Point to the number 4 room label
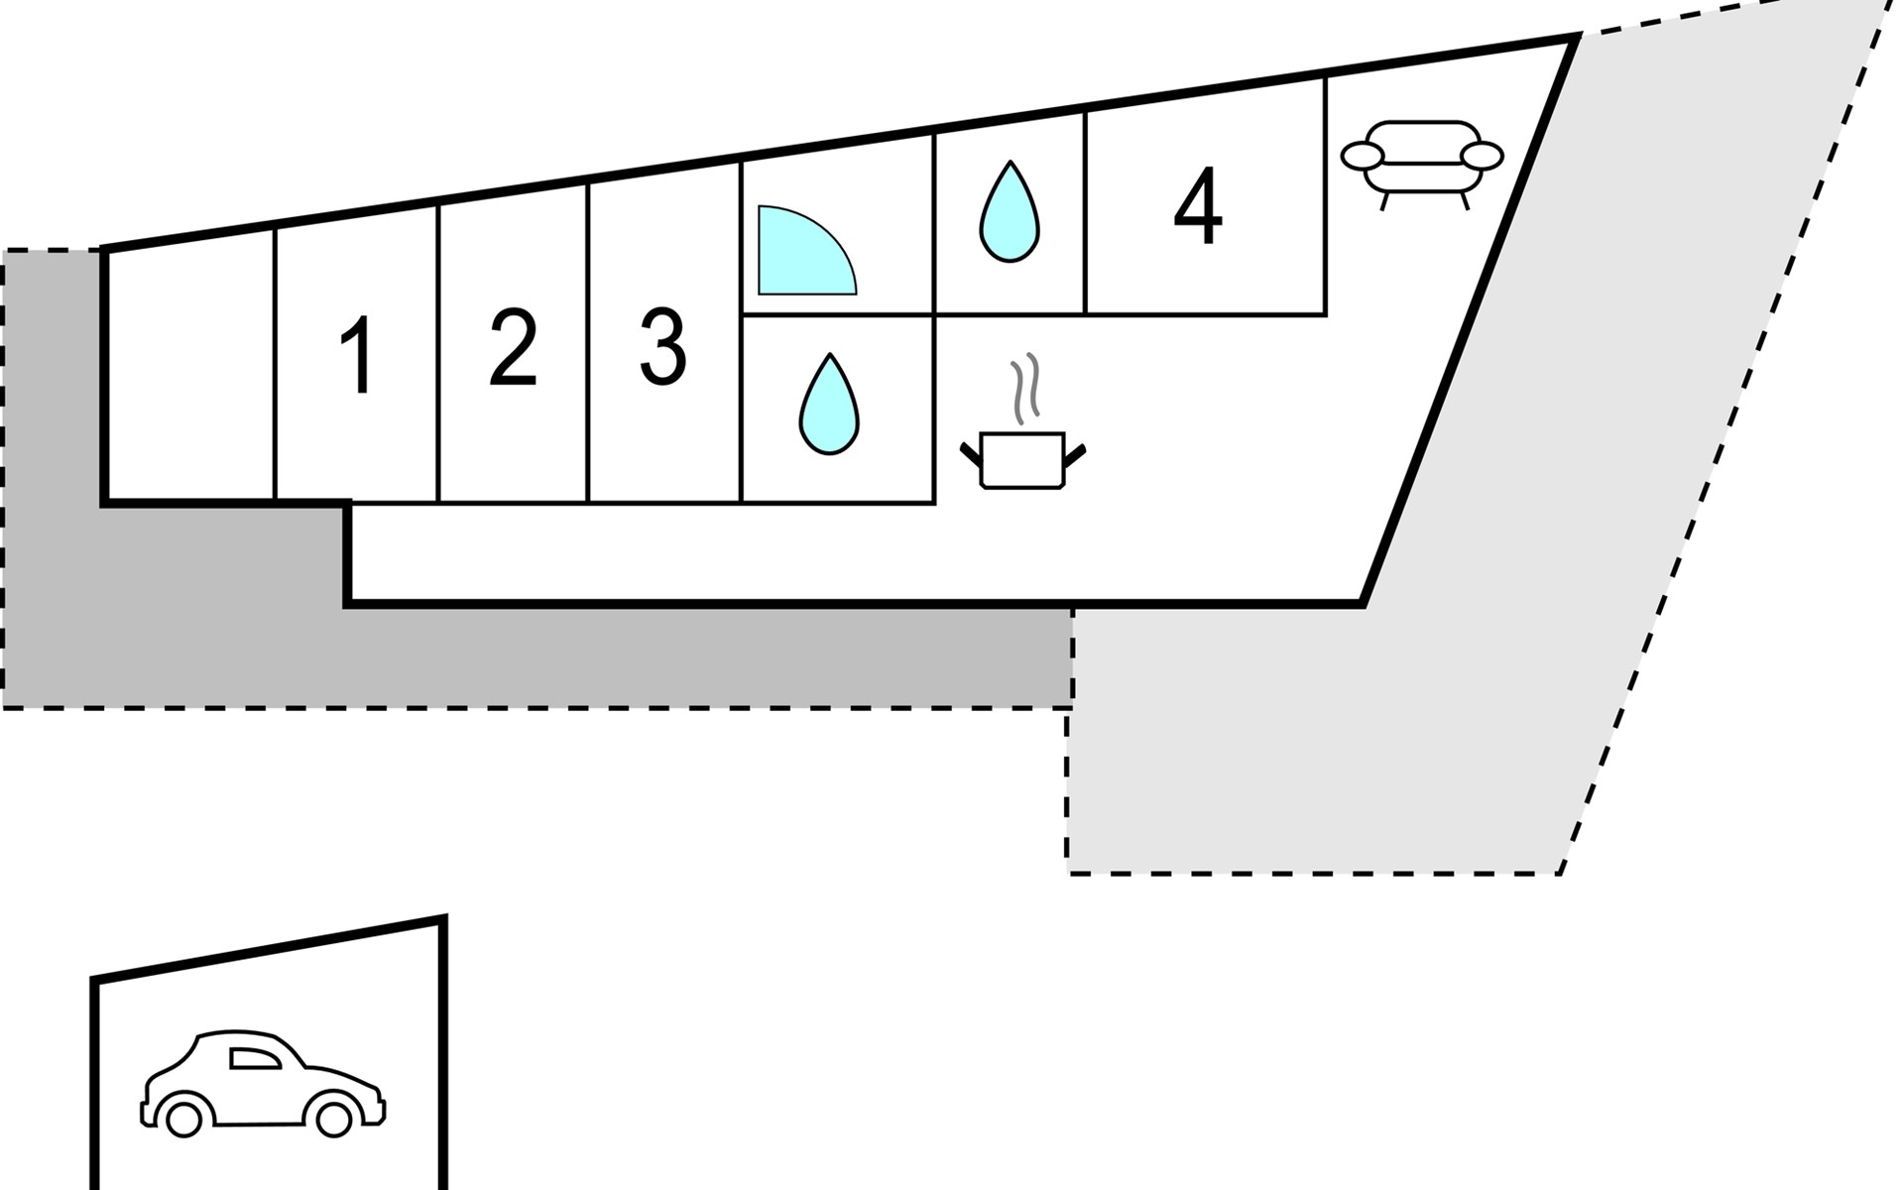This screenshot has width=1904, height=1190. coord(1198,207)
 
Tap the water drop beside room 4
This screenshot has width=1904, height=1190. coord(1010,211)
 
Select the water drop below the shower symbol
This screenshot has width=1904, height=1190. coord(829,404)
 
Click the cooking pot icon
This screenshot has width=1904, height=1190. coord(1022,460)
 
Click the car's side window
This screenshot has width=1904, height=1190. coord(253,1058)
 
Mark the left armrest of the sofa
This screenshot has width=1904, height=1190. coord(1362,156)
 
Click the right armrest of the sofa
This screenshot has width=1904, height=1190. coord(1484,156)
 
